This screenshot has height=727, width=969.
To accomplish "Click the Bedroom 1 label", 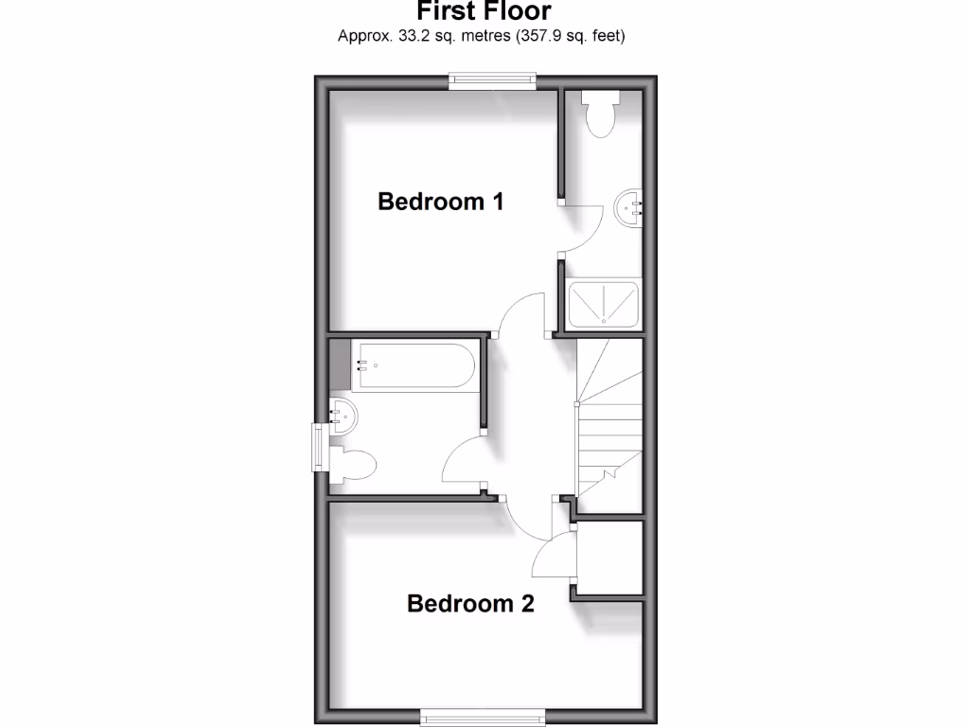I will [x=440, y=202].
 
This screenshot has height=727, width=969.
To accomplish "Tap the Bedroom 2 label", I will [x=470, y=603].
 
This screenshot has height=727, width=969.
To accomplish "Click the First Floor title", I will [x=484, y=12].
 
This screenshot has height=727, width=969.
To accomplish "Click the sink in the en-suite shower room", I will [x=629, y=207].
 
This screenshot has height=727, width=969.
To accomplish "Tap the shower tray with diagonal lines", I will [x=606, y=301].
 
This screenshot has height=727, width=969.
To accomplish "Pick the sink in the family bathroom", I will [x=342, y=416].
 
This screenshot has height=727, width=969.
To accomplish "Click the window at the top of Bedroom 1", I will [x=492, y=81].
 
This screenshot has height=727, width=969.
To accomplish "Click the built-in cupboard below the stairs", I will [x=610, y=559].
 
